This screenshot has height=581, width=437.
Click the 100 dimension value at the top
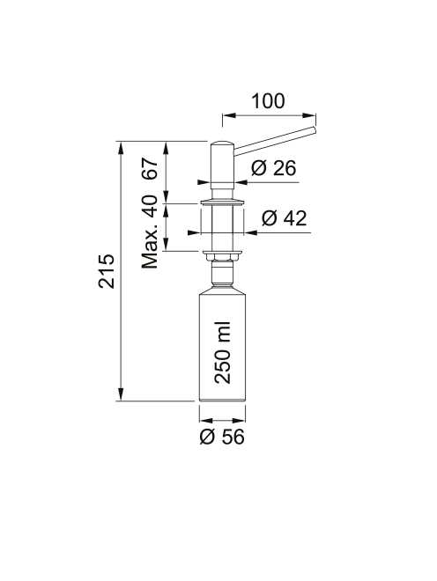[x=268, y=101]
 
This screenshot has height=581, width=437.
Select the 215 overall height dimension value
[x=107, y=271]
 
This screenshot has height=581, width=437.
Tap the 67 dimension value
[x=151, y=169]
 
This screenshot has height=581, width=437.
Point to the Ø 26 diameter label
[x=273, y=168]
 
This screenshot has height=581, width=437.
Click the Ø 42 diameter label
[x=285, y=218]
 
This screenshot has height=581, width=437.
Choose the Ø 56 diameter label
[x=222, y=438]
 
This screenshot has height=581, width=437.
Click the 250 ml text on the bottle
[x=223, y=353]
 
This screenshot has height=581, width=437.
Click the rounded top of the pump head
[x=222, y=143]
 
